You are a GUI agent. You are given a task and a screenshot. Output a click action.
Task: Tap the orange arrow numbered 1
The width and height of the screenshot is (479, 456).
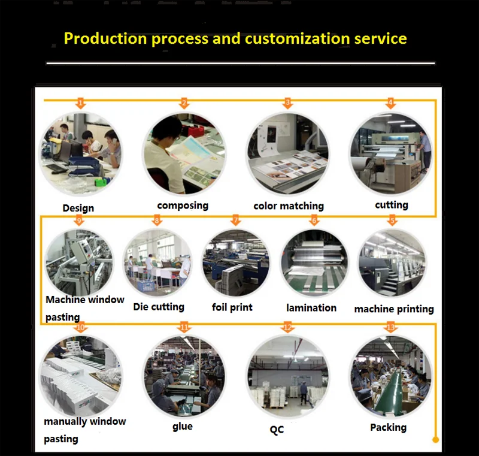(x=81, y=103)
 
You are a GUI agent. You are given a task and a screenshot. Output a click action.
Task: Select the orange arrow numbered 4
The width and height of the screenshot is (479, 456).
(x=391, y=103)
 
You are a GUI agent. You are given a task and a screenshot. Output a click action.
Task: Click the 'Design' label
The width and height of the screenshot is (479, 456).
(x=78, y=209)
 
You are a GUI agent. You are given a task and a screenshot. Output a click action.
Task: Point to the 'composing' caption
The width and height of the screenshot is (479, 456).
(x=183, y=206)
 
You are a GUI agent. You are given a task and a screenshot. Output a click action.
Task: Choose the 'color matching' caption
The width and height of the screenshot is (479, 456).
(x=289, y=206)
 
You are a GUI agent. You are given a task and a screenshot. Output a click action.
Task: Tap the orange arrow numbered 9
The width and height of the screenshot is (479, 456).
(x=80, y=221)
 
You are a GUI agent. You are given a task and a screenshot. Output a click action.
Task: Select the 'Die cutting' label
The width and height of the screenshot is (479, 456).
(x=159, y=307)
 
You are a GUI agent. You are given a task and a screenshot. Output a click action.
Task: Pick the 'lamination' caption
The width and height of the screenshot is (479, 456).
(x=311, y=308)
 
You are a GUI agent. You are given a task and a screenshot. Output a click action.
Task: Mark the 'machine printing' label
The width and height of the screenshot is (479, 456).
(x=394, y=309)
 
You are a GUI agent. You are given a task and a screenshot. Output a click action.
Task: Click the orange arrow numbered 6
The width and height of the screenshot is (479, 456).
(x=314, y=221)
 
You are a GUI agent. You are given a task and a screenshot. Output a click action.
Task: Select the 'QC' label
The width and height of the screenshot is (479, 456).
(x=276, y=429)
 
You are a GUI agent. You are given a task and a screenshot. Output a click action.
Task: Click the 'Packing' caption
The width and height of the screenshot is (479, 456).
(x=388, y=427)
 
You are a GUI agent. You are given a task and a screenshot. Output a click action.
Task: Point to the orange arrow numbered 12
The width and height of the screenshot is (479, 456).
(x=288, y=327)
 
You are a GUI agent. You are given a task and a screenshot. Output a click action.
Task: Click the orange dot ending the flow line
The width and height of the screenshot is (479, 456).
(x=436, y=440)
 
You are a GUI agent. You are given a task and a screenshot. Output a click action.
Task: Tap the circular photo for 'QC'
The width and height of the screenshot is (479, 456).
(x=287, y=376)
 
